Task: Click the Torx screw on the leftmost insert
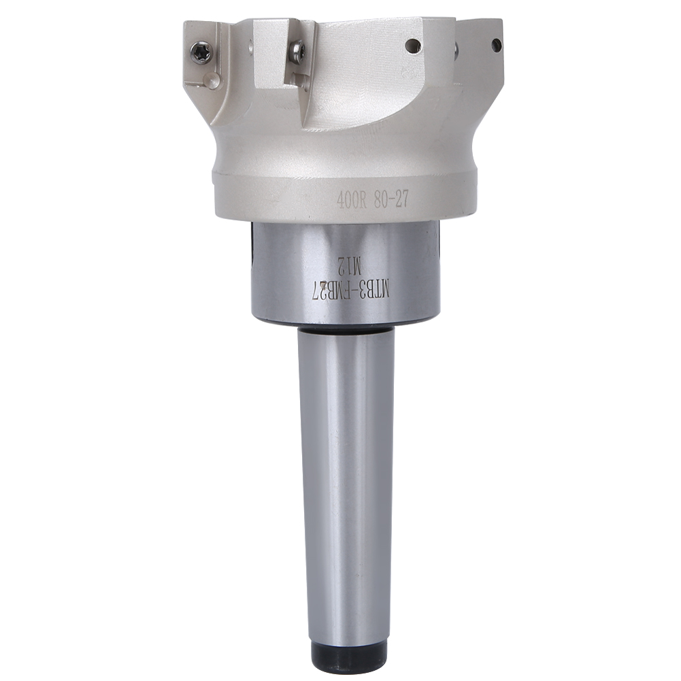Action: (201, 52)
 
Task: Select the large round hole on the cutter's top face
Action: (412, 46)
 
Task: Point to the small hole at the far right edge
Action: (497, 44)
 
